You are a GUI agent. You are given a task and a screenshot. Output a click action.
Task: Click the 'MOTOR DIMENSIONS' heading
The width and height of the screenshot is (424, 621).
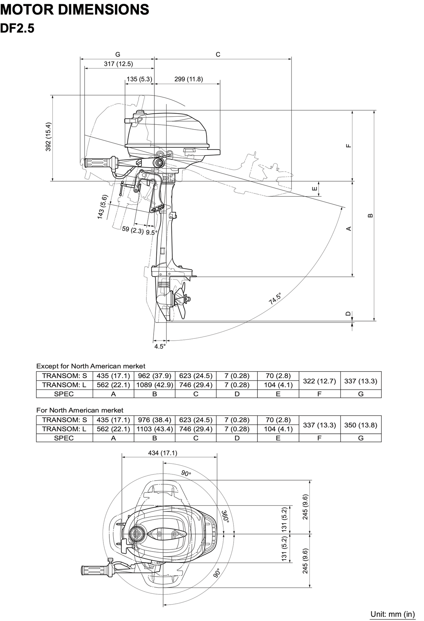click(x=75, y=9)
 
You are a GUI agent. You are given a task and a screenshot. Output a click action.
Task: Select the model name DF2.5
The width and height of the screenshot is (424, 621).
click(x=17, y=28)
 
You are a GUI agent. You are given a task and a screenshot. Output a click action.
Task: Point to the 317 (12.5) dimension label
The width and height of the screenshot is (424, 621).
click(x=118, y=64)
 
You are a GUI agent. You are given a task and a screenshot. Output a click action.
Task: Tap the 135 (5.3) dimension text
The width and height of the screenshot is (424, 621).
click(x=139, y=79)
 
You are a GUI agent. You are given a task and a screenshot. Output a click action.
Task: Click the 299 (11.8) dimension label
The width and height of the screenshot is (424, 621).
click(x=189, y=79)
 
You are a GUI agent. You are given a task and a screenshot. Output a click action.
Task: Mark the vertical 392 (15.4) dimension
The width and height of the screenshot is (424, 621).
click(x=49, y=137)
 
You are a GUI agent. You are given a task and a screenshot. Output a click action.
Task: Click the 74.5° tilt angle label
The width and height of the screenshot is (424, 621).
click(x=275, y=299)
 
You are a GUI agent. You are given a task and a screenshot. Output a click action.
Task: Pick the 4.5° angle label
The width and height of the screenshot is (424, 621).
click(x=160, y=346)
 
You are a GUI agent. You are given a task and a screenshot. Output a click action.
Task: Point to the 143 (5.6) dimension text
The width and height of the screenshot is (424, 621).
click(x=103, y=207)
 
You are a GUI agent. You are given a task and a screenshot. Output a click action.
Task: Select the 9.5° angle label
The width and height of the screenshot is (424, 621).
click(x=152, y=232)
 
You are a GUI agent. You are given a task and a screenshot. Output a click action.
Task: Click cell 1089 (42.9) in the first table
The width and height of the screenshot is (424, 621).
click(x=154, y=385)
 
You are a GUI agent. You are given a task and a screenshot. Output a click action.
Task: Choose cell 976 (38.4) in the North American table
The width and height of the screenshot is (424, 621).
click(x=154, y=420)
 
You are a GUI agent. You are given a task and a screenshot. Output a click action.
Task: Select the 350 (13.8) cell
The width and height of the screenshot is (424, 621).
click(x=360, y=425)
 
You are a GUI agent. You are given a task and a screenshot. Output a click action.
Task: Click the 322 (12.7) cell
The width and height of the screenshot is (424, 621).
click(x=319, y=381)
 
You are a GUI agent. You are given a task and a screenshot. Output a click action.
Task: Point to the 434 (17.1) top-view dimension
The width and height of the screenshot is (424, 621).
click(x=162, y=453)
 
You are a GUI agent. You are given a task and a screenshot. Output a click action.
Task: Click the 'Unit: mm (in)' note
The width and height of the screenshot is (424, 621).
click(x=393, y=614)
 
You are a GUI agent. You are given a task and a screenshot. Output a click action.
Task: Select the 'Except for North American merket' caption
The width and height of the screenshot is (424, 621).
click(x=91, y=366)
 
